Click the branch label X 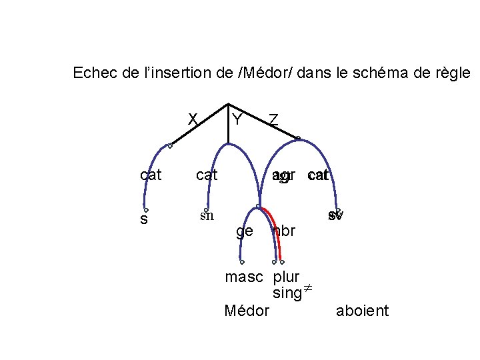tap(193, 119)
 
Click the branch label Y tap(237, 120)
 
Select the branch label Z tap(273, 120)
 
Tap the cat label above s tap(151, 175)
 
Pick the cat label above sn tap(206, 175)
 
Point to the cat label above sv tap(319, 175)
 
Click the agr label tap(283, 176)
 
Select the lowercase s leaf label tap(144, 219)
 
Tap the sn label tap(207, 215)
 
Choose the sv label tap(335, 216)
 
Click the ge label tap(245, 231)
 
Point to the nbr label tap(285, 231)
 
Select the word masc tap(244, 277)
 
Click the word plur tap(286, 277)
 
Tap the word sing tap(287, 293)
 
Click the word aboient tap(362, 311)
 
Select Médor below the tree tap(247, 311)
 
